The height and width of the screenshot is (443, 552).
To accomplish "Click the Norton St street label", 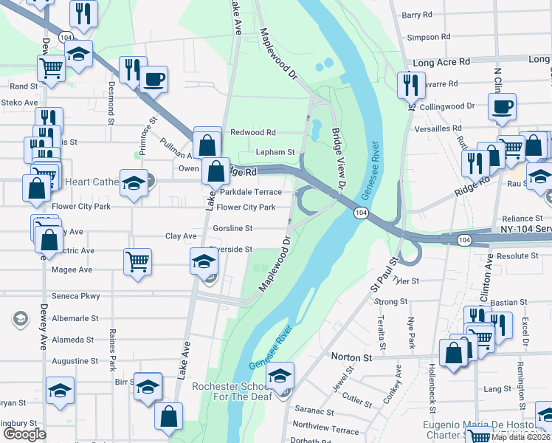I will pyautogui.click(x=351, y=357).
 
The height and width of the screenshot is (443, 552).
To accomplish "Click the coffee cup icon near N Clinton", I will pyautogui.click(x=501, y=106).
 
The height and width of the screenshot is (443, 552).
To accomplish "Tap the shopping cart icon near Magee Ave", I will pyautogui.click(x=138, y=261).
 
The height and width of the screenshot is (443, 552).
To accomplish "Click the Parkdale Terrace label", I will pyautogui.click(x=251, y=191).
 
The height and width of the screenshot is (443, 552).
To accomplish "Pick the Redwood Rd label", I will pyautogui.click(x=252, y=132).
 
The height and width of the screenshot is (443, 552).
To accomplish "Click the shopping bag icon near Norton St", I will pyautogui.click(x=452, y=352).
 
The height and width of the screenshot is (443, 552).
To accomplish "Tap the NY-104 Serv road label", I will pyautogui.click(x=521, y=230).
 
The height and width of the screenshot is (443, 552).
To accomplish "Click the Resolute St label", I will pyautogui.click(x=518, y=255).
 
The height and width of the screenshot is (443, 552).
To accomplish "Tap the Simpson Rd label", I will pyautogui.click(x=428, y=36).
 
